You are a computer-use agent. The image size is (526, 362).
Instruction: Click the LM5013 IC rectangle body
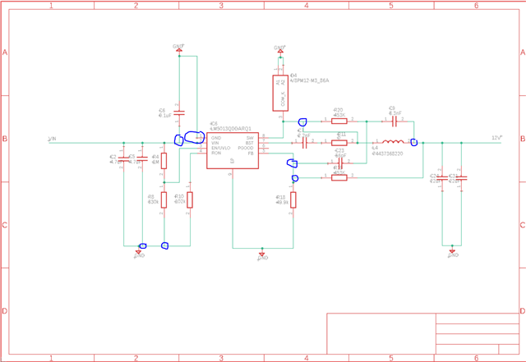pos(233,147)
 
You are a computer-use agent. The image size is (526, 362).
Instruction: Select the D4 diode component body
pos(280,93)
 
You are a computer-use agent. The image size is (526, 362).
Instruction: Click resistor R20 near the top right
pos(339,121)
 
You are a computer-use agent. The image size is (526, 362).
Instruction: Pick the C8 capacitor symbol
pos(394,121)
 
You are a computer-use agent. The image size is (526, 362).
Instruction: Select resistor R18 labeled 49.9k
pos(293,199)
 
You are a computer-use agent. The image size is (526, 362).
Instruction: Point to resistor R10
pos(190,199)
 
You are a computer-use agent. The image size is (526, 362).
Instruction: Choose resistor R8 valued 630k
pos(164,199)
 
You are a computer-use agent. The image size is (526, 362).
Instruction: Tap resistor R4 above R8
pos(164,160)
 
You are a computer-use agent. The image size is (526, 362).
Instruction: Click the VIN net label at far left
pos(52,139)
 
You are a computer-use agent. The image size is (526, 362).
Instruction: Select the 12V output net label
pos(496,137)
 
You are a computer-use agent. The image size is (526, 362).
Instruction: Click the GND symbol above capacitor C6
pos(178,49)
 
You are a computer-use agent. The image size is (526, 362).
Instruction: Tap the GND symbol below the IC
pos(262,256)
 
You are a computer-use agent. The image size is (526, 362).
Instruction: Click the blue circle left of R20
pos(302,121)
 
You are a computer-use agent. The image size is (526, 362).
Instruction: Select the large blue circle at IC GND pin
pos(195,138)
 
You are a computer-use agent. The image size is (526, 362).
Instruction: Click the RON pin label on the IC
pos(216,153)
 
